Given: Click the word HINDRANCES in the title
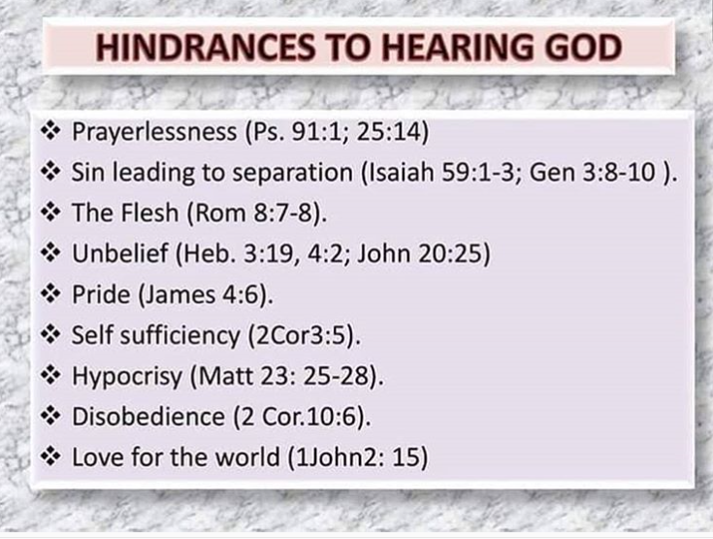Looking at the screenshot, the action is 205,48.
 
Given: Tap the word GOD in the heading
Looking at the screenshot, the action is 583,48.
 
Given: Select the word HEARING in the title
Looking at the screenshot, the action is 457,48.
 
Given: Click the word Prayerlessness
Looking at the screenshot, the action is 154,132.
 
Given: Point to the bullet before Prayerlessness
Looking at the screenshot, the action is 50,131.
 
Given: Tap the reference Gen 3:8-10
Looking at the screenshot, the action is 593,173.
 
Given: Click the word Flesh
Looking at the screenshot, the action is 150,213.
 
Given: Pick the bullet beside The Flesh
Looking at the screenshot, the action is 50,212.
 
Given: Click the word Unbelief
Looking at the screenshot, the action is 120,253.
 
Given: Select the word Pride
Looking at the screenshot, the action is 101,294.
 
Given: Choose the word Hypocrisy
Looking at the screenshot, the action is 127,377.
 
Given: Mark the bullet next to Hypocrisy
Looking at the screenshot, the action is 50,375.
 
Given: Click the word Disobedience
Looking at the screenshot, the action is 148,417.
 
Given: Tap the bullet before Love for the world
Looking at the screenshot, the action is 50,456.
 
